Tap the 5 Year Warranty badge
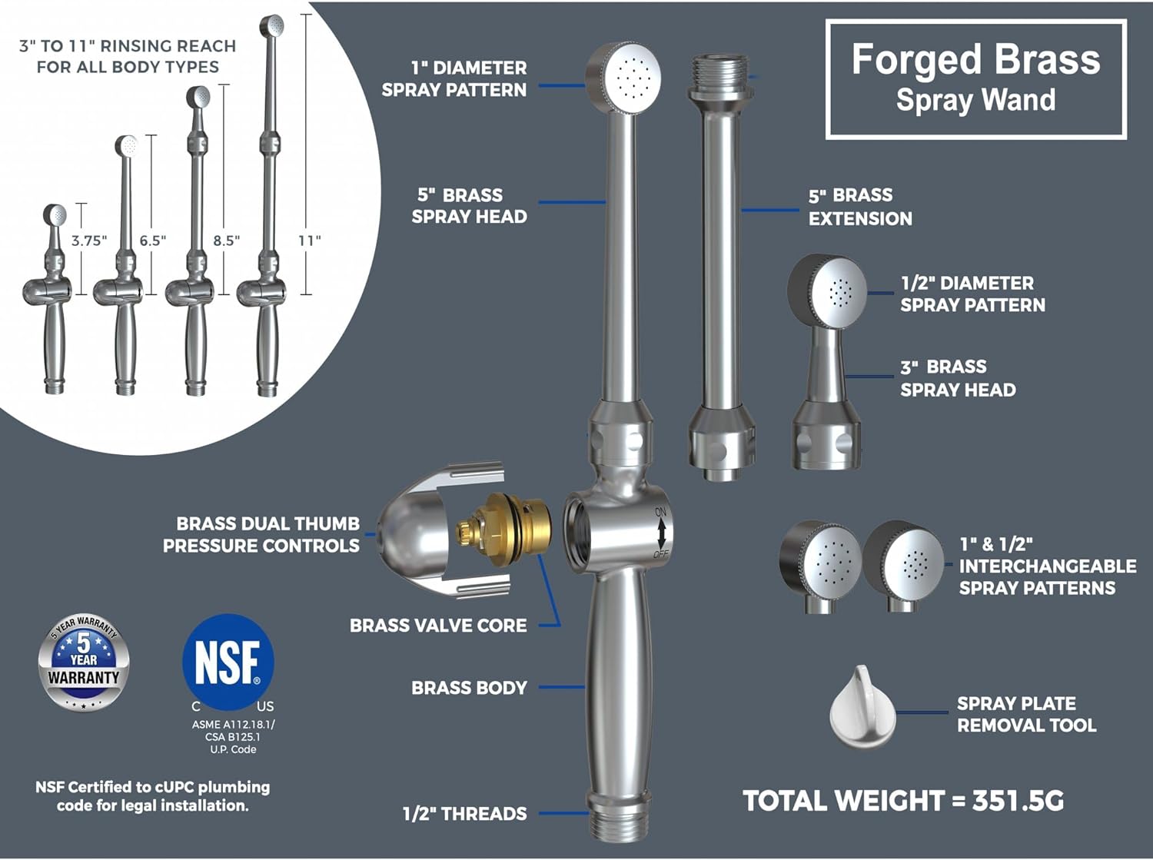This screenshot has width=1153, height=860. pos(84,662)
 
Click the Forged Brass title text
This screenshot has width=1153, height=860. pos(975,60)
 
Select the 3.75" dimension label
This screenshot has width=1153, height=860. pos(88,241)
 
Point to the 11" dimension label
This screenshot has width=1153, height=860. pos(310,241)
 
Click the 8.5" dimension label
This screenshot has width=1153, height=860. pos(227,241)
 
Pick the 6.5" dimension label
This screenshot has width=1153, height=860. pos(153,241)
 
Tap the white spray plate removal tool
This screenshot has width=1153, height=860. pos(862,707)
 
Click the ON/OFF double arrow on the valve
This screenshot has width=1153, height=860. pos(661,533)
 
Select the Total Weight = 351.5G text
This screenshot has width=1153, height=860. pos(903,801)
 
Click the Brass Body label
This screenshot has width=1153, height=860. pos(469,688)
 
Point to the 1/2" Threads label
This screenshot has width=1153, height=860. pos(465,814)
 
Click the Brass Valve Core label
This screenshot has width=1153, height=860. pos(438,626)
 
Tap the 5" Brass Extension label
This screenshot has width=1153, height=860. pos(860,207)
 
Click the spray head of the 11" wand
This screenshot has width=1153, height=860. pos(273,25)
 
